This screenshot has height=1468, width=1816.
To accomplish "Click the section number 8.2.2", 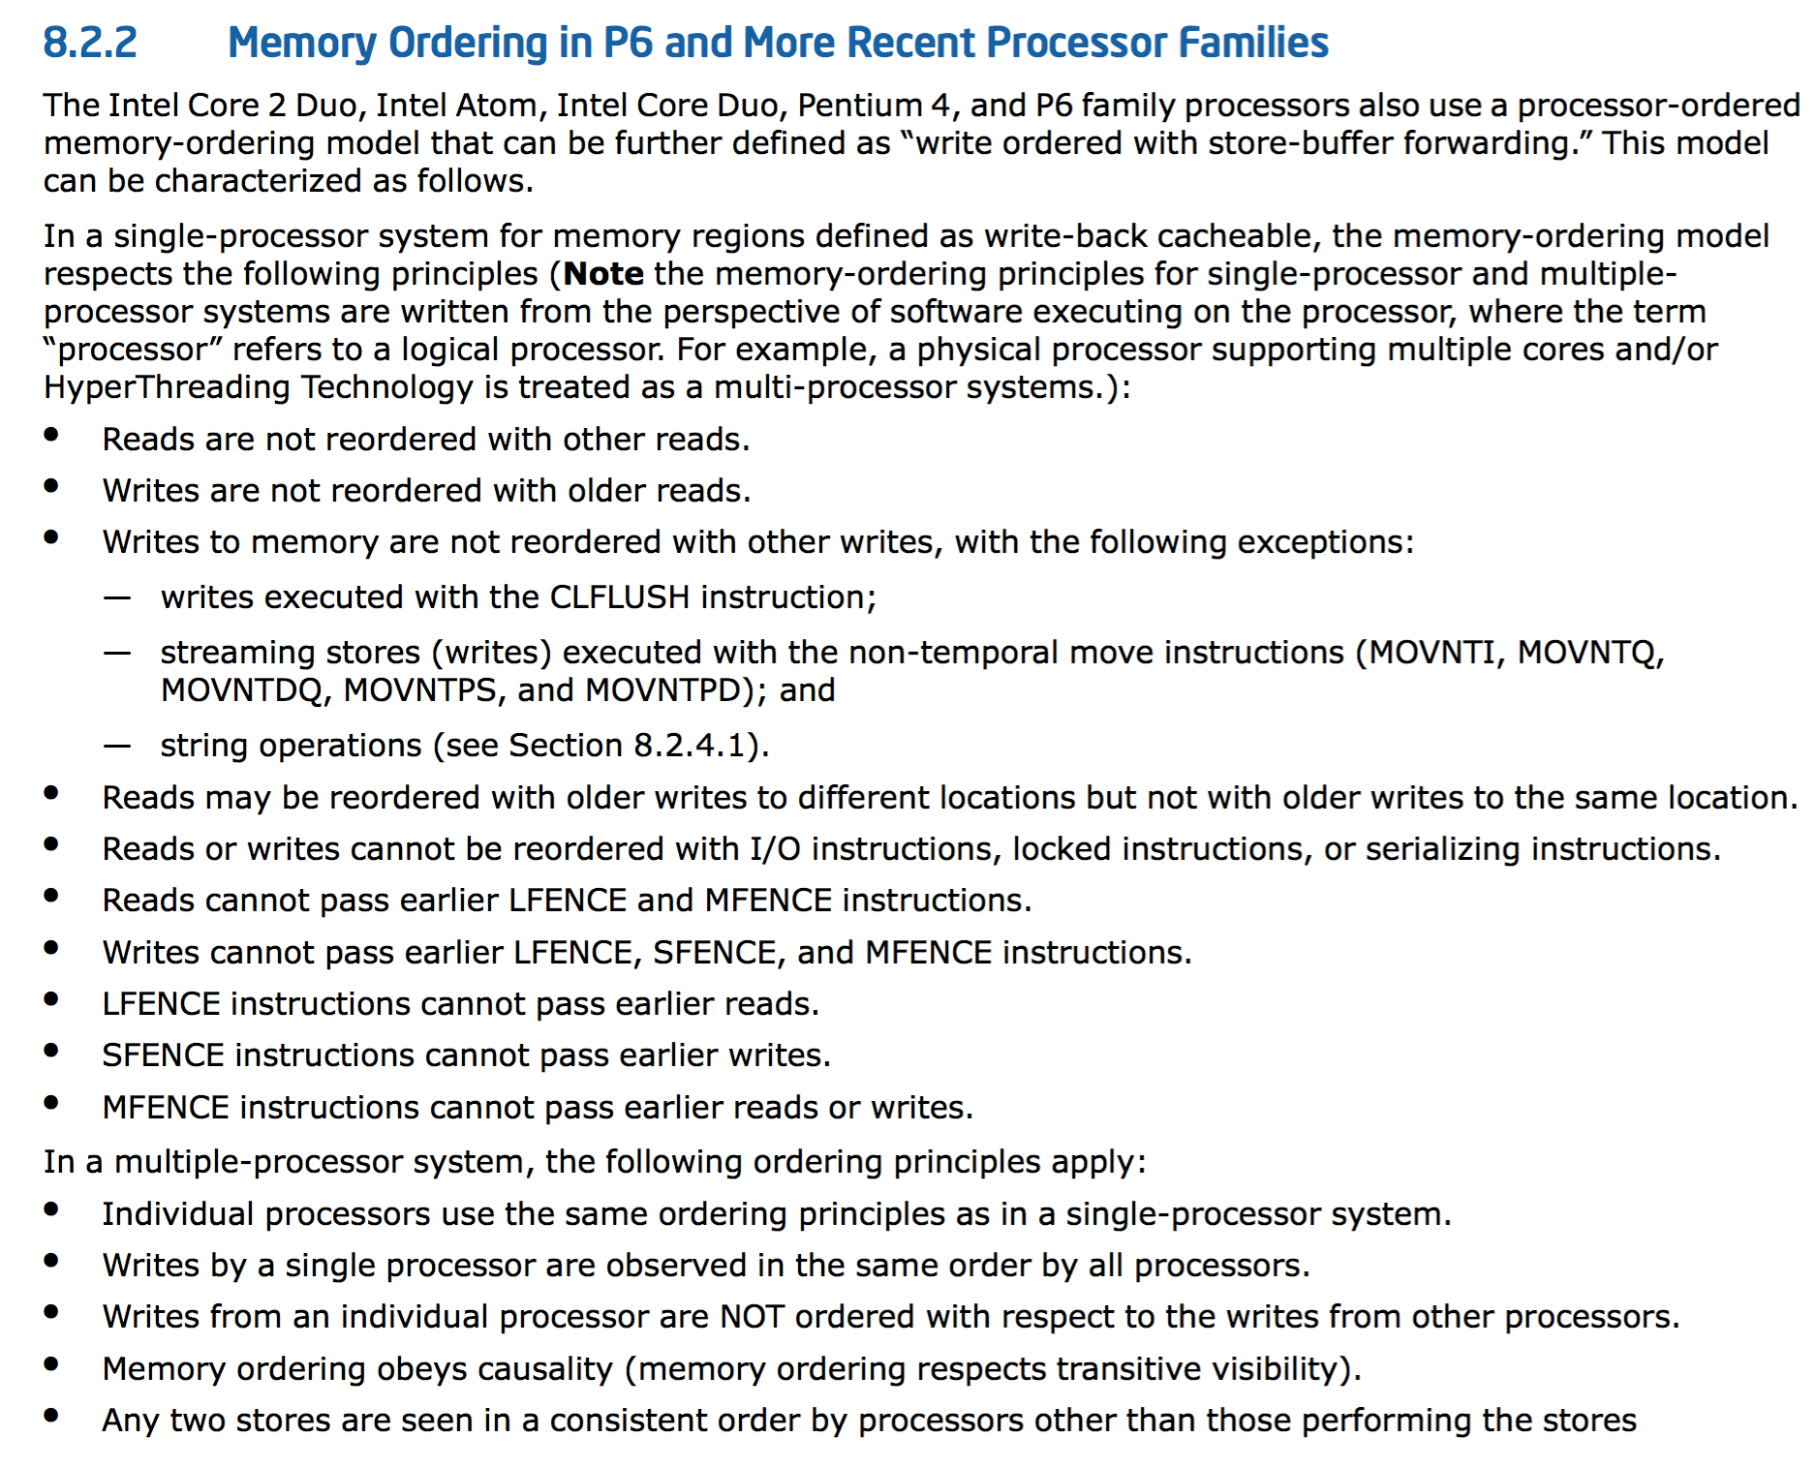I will [x=90, y=44].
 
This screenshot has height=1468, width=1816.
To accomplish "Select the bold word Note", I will [x=602, y=274].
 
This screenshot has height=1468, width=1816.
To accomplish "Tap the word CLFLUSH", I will [x=619, y=597].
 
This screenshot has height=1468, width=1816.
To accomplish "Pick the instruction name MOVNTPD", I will [x=662, y=690].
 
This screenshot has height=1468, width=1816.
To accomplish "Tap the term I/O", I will [x=775, y=849].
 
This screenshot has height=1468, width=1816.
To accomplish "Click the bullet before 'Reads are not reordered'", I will [x=51, y=435].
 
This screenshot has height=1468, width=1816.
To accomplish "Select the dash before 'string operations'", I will [x=117, y=746].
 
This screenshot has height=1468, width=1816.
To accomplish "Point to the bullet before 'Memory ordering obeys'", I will [x=51, y=1364].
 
